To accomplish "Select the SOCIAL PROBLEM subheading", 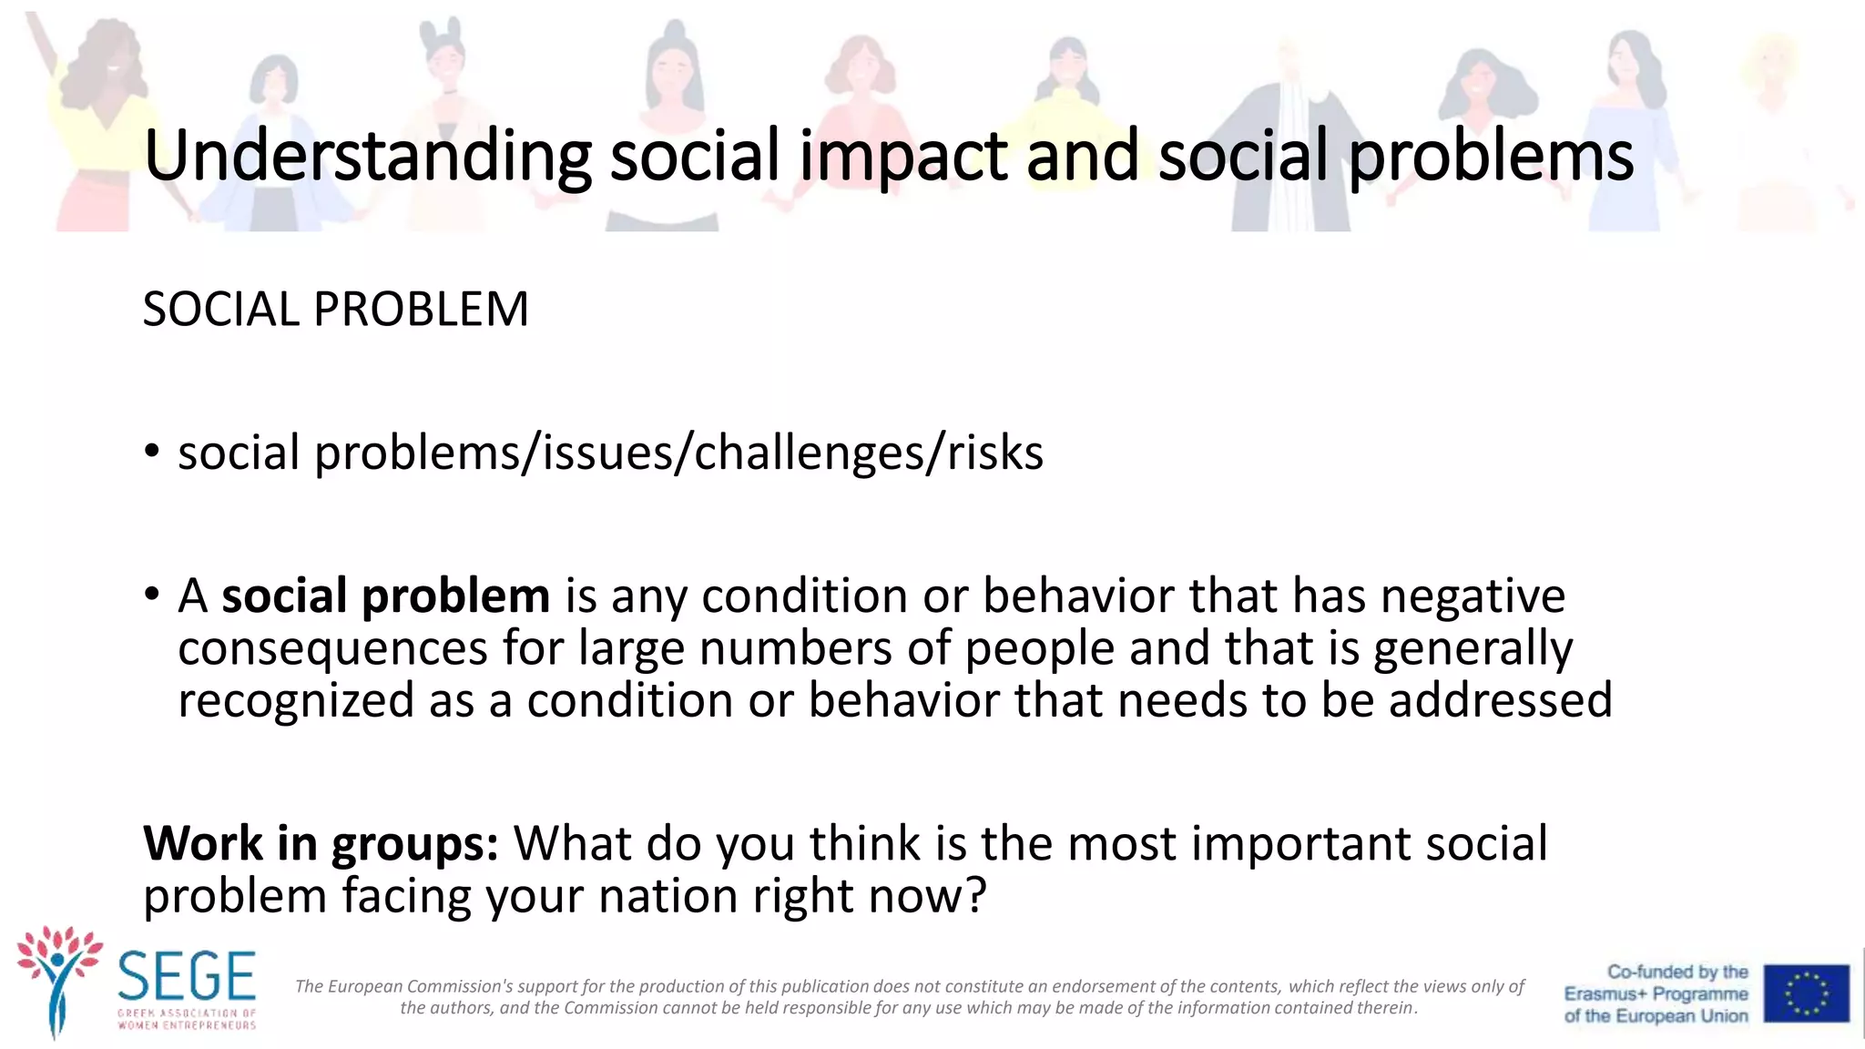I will [x=335, y=310].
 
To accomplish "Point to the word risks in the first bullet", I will [x=995, y=453].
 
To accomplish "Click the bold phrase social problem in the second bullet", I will [x=385, y=596].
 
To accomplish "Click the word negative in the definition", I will [x=1473, y=596].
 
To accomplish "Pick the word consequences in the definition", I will [x=333, y=649].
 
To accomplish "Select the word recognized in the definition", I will [x=296, y=701].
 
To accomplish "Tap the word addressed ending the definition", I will [x=1500, y=701].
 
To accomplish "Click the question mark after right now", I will [x=974, y=896].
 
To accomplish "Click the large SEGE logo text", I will [x=187, y=976].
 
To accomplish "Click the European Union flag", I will [x=1806, y=993].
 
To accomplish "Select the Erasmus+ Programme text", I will [x=1656, y=994].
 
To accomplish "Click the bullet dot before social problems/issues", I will [x=152, y=453].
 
